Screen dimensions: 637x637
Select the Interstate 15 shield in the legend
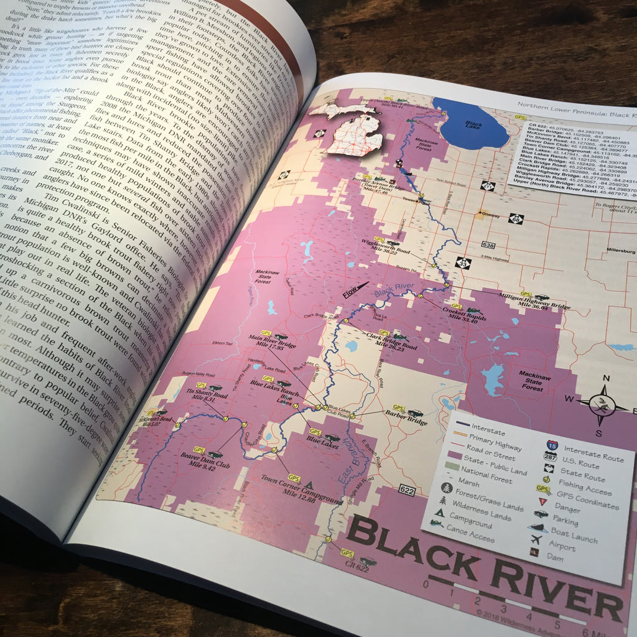552,445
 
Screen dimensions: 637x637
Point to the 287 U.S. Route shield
551,457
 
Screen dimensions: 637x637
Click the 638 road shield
488,245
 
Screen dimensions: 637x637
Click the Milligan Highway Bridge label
534,304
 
